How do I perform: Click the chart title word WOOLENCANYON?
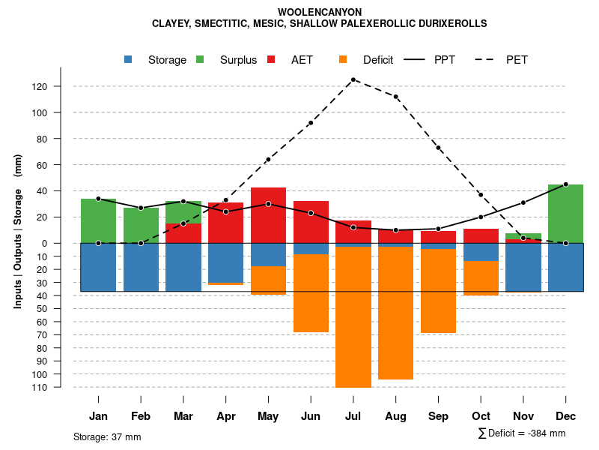pos(320,12)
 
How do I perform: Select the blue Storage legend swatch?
pos(129,60)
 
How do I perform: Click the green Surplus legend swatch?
pos(200,60)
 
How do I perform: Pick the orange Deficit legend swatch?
pos(343,60)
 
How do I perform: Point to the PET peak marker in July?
pos(353,79)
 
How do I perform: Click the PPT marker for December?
pos(566,184)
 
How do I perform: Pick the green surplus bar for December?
pos(566,214)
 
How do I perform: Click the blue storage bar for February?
pos(141,267)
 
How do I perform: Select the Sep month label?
pos(439,416)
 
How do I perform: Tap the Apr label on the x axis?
pos(226,416)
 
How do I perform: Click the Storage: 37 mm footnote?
pos(107,436)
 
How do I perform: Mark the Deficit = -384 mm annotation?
pos(522,433)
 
